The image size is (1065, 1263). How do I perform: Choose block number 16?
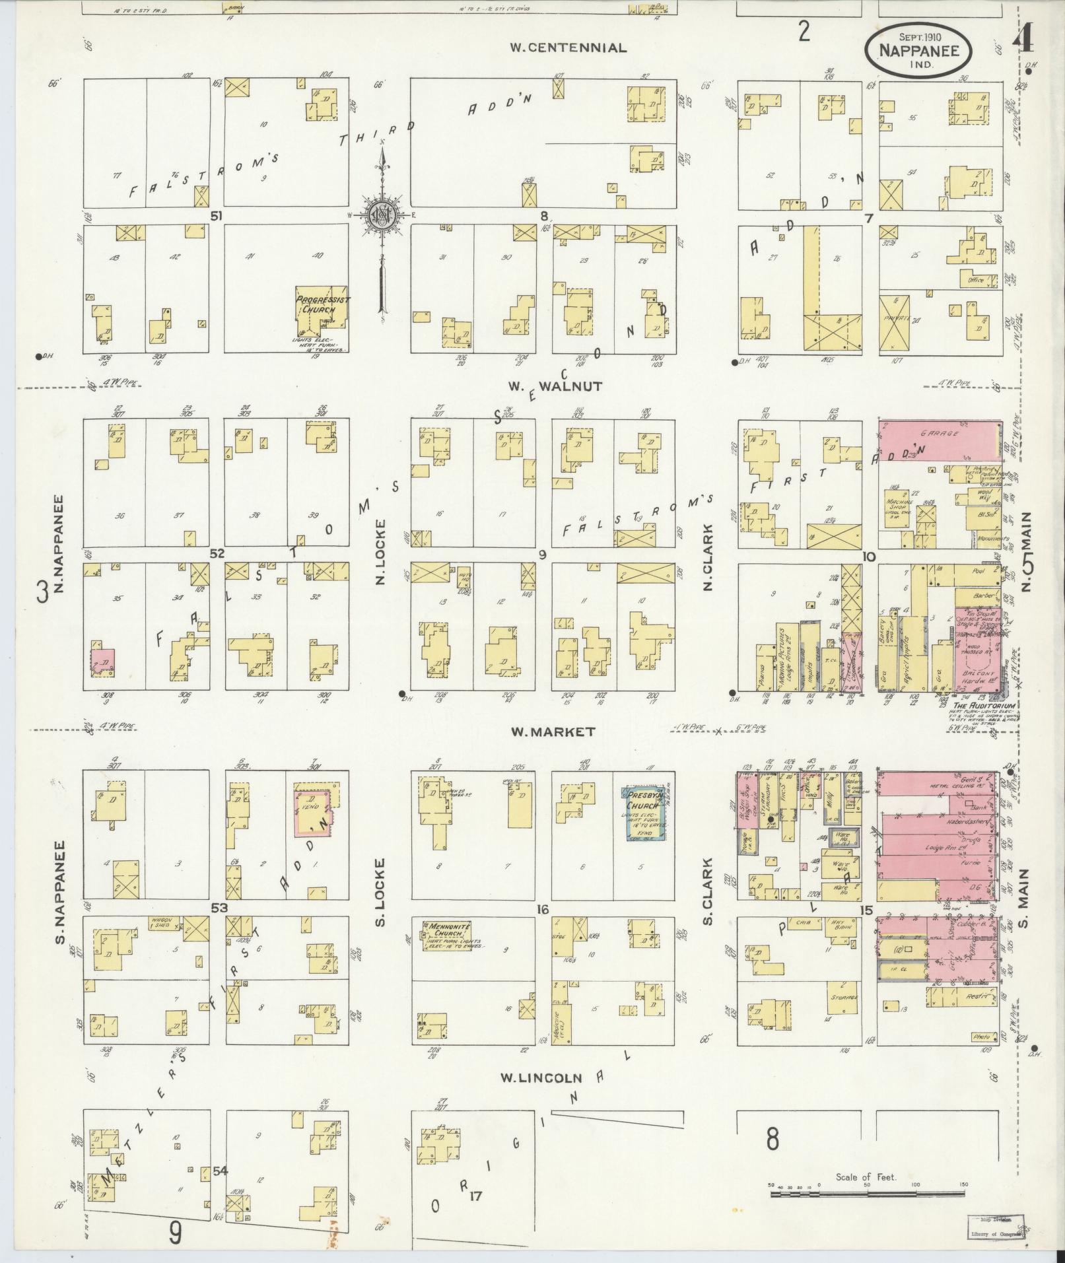(543, 910)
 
